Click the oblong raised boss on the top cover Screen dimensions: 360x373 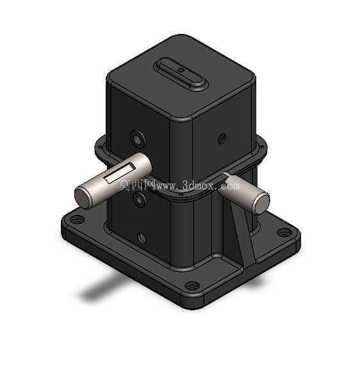pyautogui.click(x=181, y=74)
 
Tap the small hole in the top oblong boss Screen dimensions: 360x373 pyautogui.click(x=181, y=70)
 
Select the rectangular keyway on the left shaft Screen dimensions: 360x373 pyautogui.click(x=120, y=173)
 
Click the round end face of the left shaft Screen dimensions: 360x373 pyautogui.click(x=83, y=197)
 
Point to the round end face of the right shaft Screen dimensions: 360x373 pyautogui.click(x=262, y=203)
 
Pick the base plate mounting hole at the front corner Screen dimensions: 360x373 pyautogui.click(x=192, y=286)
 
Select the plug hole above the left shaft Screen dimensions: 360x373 pyautogui.click(x=138, y=138)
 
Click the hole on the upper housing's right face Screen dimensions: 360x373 pyautogui.click(x=222, y=138)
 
